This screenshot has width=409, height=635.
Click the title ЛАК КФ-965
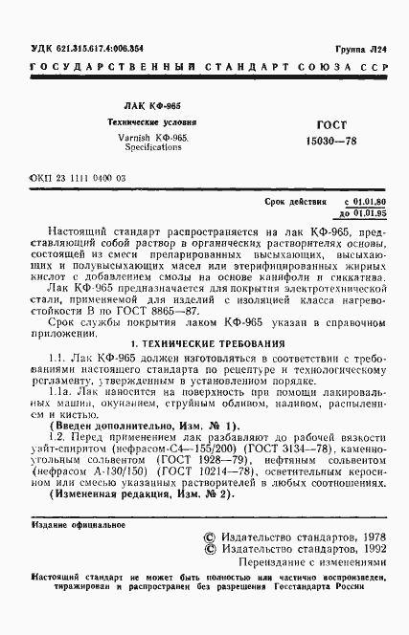pos(157,108)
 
